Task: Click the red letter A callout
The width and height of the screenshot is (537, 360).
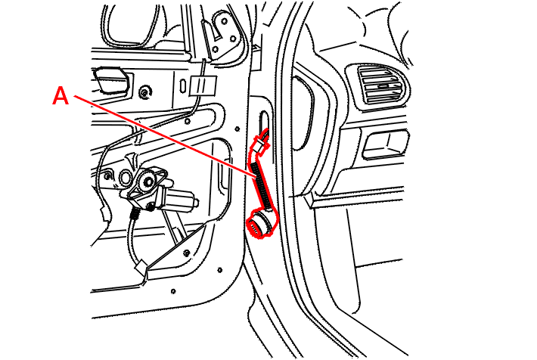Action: pos(61,95)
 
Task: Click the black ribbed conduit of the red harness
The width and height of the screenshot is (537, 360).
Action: pos(261,186)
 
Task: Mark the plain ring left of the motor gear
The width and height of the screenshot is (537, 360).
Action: pos(126,177)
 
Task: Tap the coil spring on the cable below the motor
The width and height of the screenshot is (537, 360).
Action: pos(135,215)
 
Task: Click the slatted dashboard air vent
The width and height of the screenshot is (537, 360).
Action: pos(379,85)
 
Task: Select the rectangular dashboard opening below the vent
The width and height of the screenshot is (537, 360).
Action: pos(384,144)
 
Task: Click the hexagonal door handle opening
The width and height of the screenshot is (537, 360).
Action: pos(110,80)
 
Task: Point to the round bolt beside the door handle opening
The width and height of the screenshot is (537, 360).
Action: pos(145,92)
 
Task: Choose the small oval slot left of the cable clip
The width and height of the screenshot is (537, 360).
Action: pos(183,85)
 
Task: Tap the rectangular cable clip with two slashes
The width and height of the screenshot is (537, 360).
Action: pos(203,84)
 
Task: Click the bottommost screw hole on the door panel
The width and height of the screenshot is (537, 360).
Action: pos(173,291)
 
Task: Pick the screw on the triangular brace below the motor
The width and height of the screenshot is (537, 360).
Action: pos(186,253)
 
